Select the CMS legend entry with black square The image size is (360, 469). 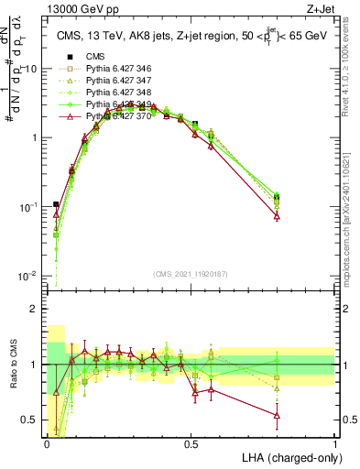(x=96, y=57)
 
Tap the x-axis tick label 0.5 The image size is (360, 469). (x=191, y=442)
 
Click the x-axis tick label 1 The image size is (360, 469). (x=335, y=442)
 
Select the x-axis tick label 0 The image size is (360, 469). (x=47, y=442)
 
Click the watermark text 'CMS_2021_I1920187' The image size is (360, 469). (x=191, y=272)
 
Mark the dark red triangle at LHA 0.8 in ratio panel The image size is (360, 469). (x=277, y=416)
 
